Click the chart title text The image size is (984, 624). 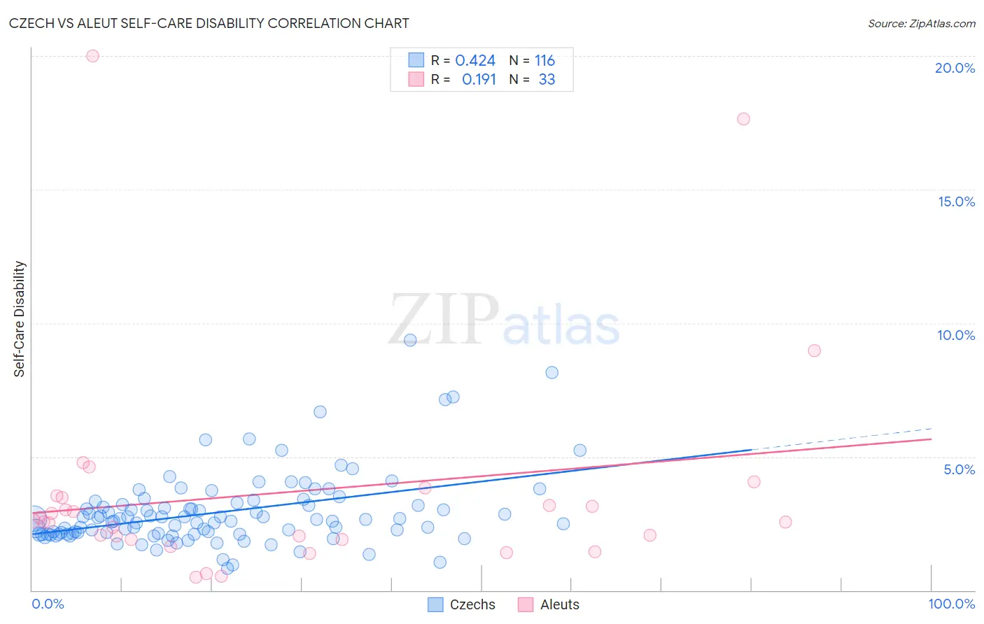click(x=209, y=23)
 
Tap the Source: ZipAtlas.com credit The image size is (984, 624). click(x=921, y=23)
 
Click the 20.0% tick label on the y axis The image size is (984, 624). click(x=955, y=68)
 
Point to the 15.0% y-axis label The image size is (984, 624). click(x=956, y=201)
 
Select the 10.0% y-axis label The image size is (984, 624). click(x=956, y=335)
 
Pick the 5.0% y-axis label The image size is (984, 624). click(x=959, y=469)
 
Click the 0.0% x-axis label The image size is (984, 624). click(x=48, y=604)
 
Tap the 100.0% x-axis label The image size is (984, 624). click(x=951, y=604)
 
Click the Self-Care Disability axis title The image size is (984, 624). click(x=19, y=319)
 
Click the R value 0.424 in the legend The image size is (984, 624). click(x=475, y=61)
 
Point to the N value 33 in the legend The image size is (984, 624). click(x=547, y=80)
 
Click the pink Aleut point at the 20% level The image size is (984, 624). click(x=92, y=56)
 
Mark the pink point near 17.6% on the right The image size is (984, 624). click(x=743, y=119)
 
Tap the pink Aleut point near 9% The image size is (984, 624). click(x=814, y=350)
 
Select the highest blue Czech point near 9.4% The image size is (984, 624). click(x=410, y=340)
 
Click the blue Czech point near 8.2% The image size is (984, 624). click(x=551, y=372)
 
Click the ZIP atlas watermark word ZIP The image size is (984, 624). click(x=443, y=320)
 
